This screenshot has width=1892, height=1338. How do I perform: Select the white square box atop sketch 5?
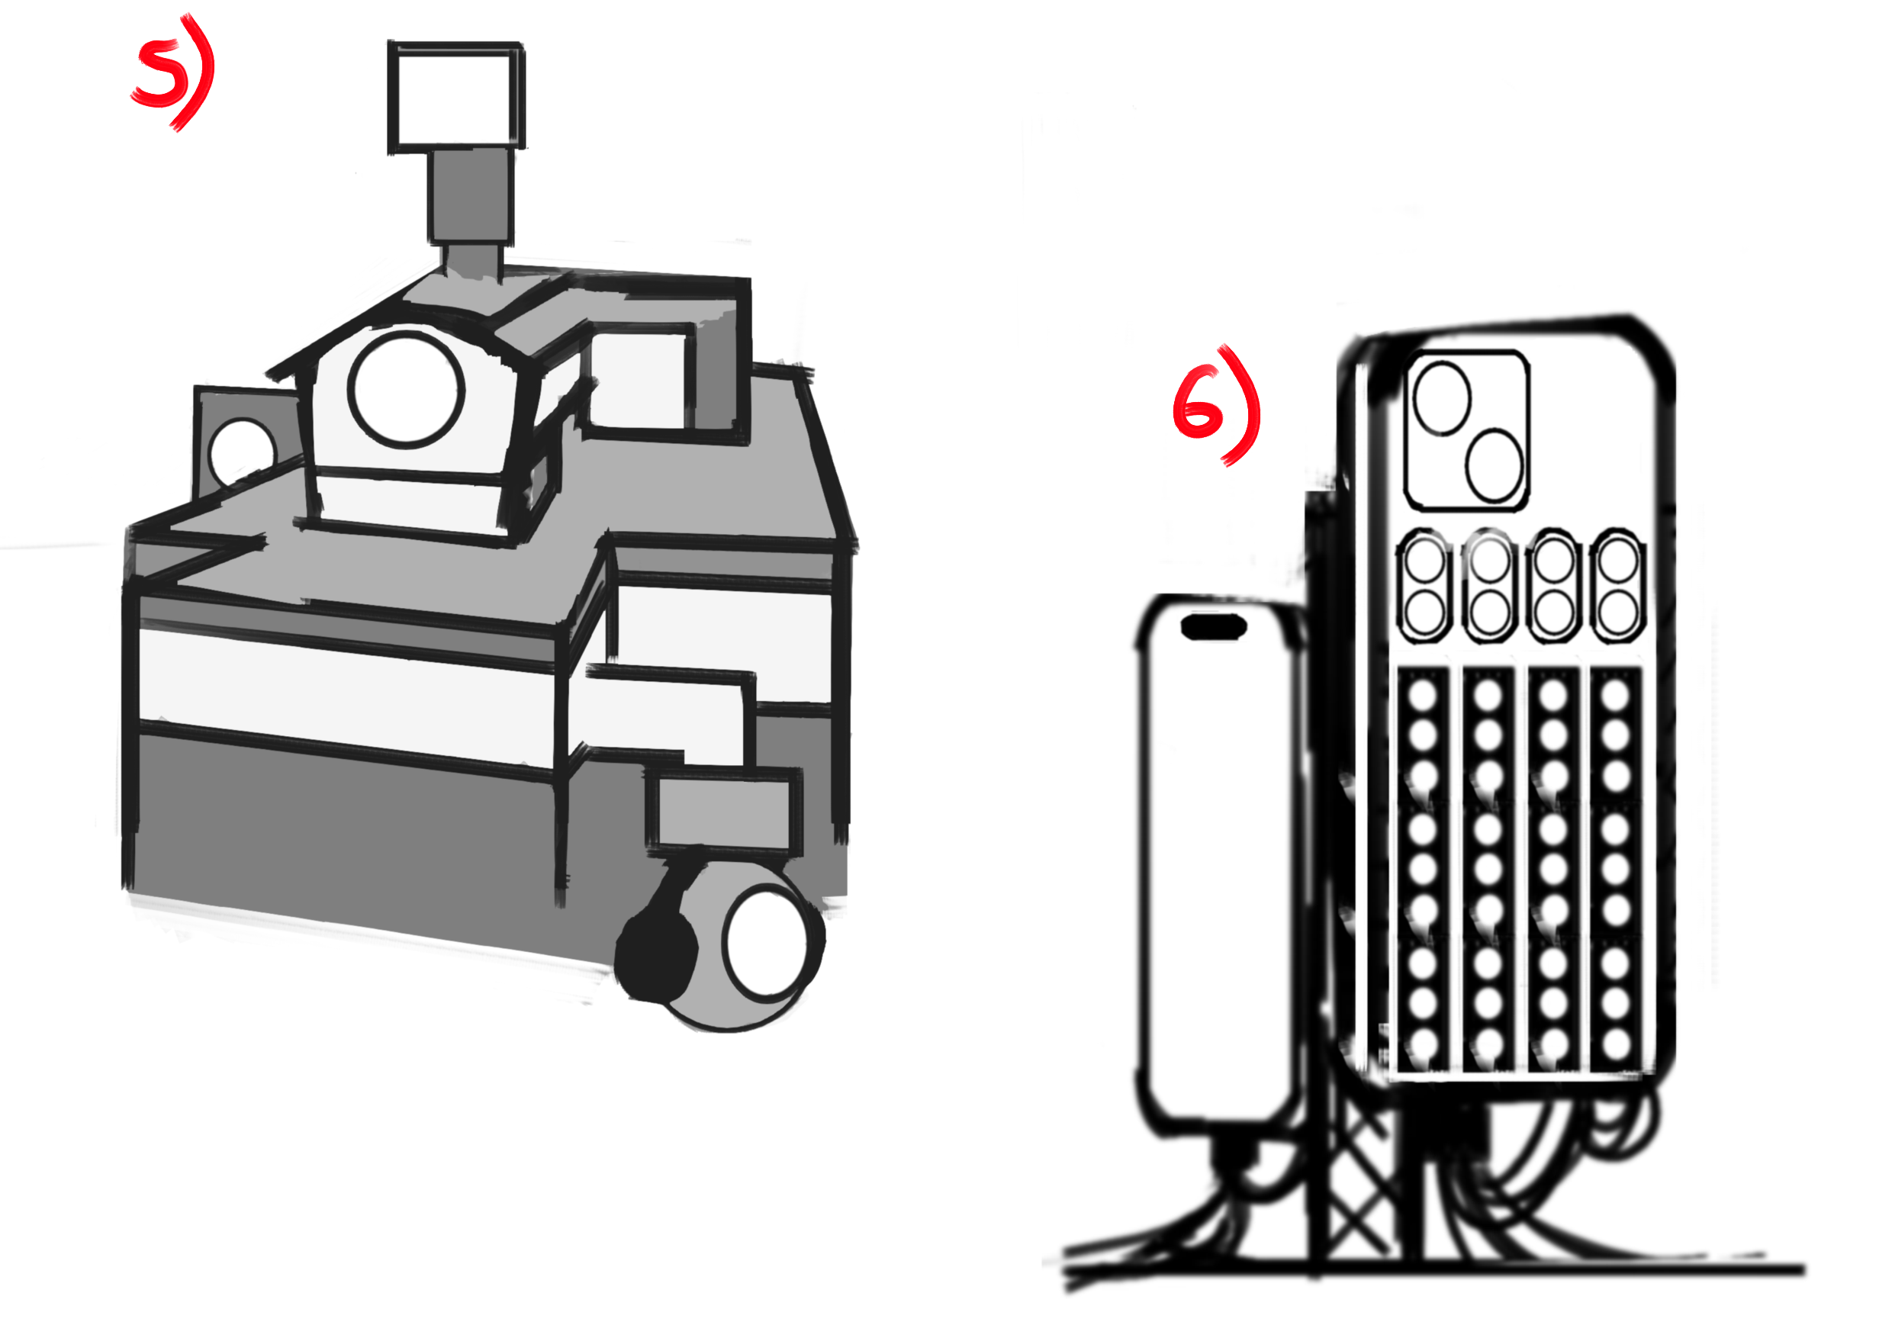pos(455,97)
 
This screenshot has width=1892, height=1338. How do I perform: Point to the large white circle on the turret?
pos(407,390)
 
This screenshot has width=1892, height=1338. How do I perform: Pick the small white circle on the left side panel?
pos(243,452)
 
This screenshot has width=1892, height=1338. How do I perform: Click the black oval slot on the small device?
pos(1213,627)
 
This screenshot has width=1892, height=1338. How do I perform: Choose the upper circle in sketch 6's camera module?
pos(1442,400)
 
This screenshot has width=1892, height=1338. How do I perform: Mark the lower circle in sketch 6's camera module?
pos(1495,465)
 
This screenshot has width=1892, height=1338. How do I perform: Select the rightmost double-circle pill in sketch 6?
pos(1617,587)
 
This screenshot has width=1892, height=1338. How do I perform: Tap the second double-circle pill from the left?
pos(1489,587)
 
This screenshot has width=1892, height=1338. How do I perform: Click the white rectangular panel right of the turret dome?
pos(639,379)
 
